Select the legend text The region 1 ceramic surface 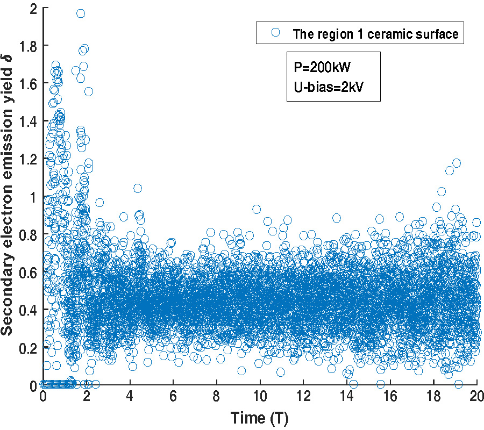coord(375,34)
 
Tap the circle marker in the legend coord(276,33)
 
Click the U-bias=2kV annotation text coord(326,87)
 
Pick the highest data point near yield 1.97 coord(81,13)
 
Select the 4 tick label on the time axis coord(130,397)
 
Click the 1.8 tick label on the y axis coord(30,46)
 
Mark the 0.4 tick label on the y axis coord(30,310)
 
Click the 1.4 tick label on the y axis coord(30,121)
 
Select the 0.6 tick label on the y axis coord(30,273)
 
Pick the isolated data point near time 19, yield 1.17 coord(457,163)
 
